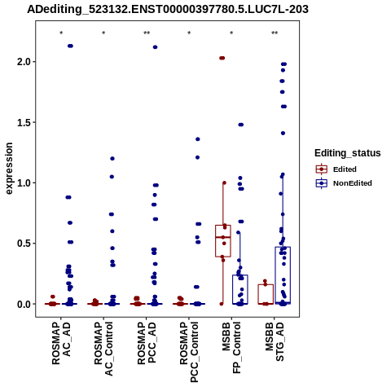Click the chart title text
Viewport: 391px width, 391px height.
click(x=168, y=10)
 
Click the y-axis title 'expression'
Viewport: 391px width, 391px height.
click(x=9, y=169)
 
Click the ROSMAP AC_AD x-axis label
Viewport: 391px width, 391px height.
click(x=61, y=344)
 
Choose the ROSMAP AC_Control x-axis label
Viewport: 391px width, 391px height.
click(x=103, y=349)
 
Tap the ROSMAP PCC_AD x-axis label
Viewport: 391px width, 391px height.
click(x=147, y=344)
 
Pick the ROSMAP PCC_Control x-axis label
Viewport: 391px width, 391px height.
click(x=189, y=352)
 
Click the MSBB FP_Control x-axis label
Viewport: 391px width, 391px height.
click(x=231, y=348)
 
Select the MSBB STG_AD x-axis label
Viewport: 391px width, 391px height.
click(x=275, y=341)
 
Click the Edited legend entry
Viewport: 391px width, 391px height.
click(x=336, y=169)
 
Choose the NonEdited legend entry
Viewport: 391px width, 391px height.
click(x=344, y=183)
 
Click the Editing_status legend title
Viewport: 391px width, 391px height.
click(x=348, y=153)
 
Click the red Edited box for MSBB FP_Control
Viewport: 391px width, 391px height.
click(x=223, y=241)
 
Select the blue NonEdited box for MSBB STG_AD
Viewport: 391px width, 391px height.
click(x=283, y=275)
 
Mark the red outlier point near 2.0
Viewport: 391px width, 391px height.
click(x=222, y=58)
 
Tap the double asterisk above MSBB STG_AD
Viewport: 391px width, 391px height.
click(x=275, y=33)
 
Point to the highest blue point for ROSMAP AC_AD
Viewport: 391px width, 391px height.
click(x=70, y=46)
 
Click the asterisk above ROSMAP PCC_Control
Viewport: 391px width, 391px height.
click(x=189, y=33)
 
